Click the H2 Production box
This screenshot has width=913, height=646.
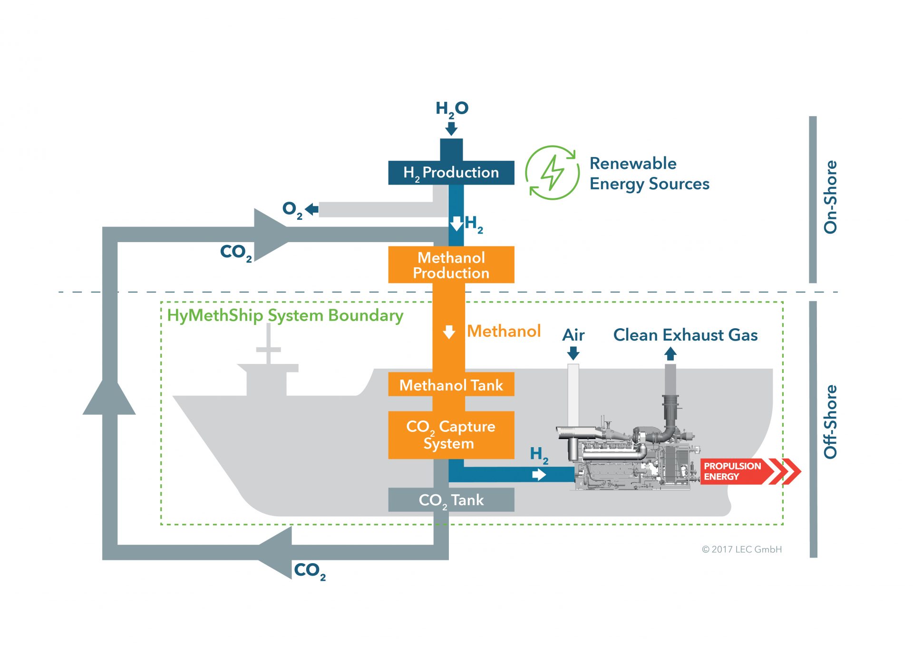(x=451, y=172)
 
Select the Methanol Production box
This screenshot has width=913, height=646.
(x=451, y=264)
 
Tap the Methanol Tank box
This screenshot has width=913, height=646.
(x=451, y=384)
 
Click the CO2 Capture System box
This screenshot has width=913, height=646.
(x=451, y=435)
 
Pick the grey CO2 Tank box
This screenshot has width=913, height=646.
(x=451, y=499)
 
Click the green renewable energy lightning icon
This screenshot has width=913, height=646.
(x=552, y=173)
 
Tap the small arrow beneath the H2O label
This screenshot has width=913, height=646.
(x=451, y=128)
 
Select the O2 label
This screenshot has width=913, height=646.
(x=292, y=209)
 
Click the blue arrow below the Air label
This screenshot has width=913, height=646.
(x=573, y=353)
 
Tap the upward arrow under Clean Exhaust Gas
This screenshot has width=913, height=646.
(x=670, y=353)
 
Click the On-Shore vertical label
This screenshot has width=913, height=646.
(x=830, y=197)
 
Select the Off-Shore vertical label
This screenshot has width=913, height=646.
(x=830, y=422)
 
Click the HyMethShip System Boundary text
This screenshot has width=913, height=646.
(x=285, y=316)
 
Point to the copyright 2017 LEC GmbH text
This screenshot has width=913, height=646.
(x=742, y=549)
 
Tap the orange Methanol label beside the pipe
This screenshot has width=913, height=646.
(x=504, y=331)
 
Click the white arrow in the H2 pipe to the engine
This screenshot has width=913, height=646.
(x=539, y=475)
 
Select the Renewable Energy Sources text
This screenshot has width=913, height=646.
(x=650, y=174)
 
